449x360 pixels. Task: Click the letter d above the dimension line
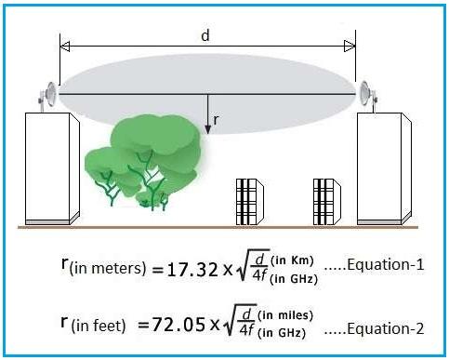(x=205, y=34)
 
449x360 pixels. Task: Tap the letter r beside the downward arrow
(x=216, y=119)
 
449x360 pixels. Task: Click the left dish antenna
(x=46, y=94)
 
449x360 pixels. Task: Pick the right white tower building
(x=383, y=168)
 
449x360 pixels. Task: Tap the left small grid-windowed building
(x=246, y=201)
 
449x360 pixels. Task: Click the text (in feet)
(x=95, y=327)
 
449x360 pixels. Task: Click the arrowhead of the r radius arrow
(x=207, y=129)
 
